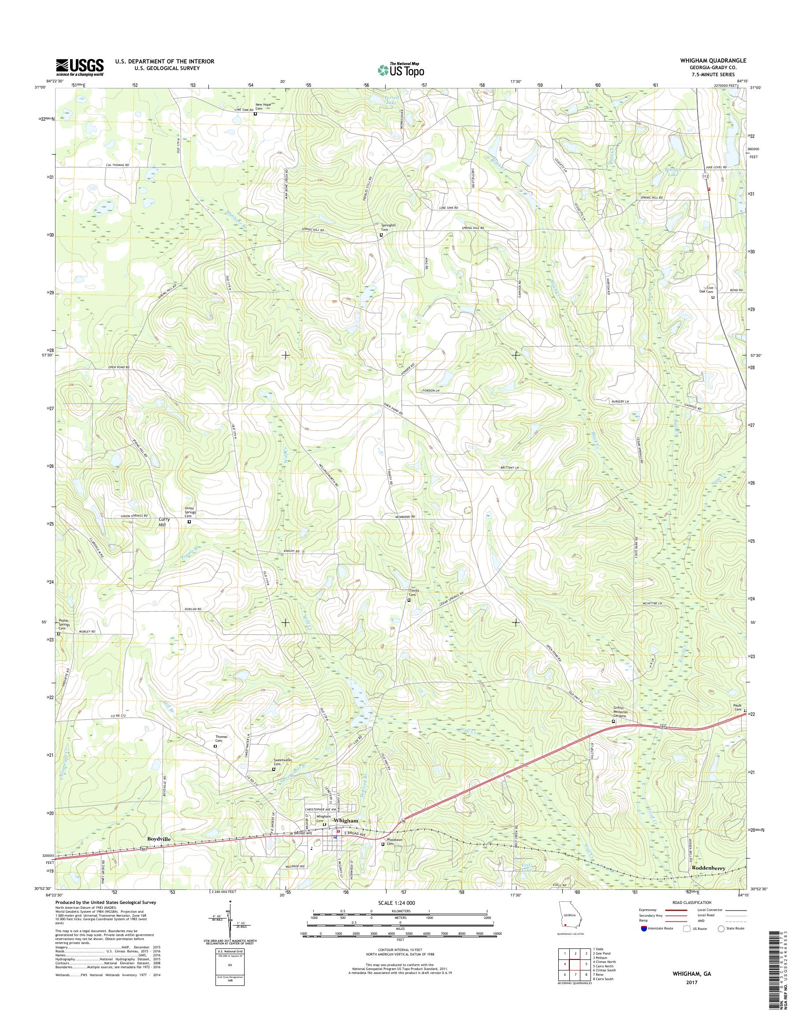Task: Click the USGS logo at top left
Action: pyautogui.click(x=80, y=67)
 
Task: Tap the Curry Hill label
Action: pyautogui.click(x=163, y=522)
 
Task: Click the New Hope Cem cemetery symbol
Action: pyautogui.click(x=256, y=114)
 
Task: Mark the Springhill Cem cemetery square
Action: pyautogui.click(x=381, y=235)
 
